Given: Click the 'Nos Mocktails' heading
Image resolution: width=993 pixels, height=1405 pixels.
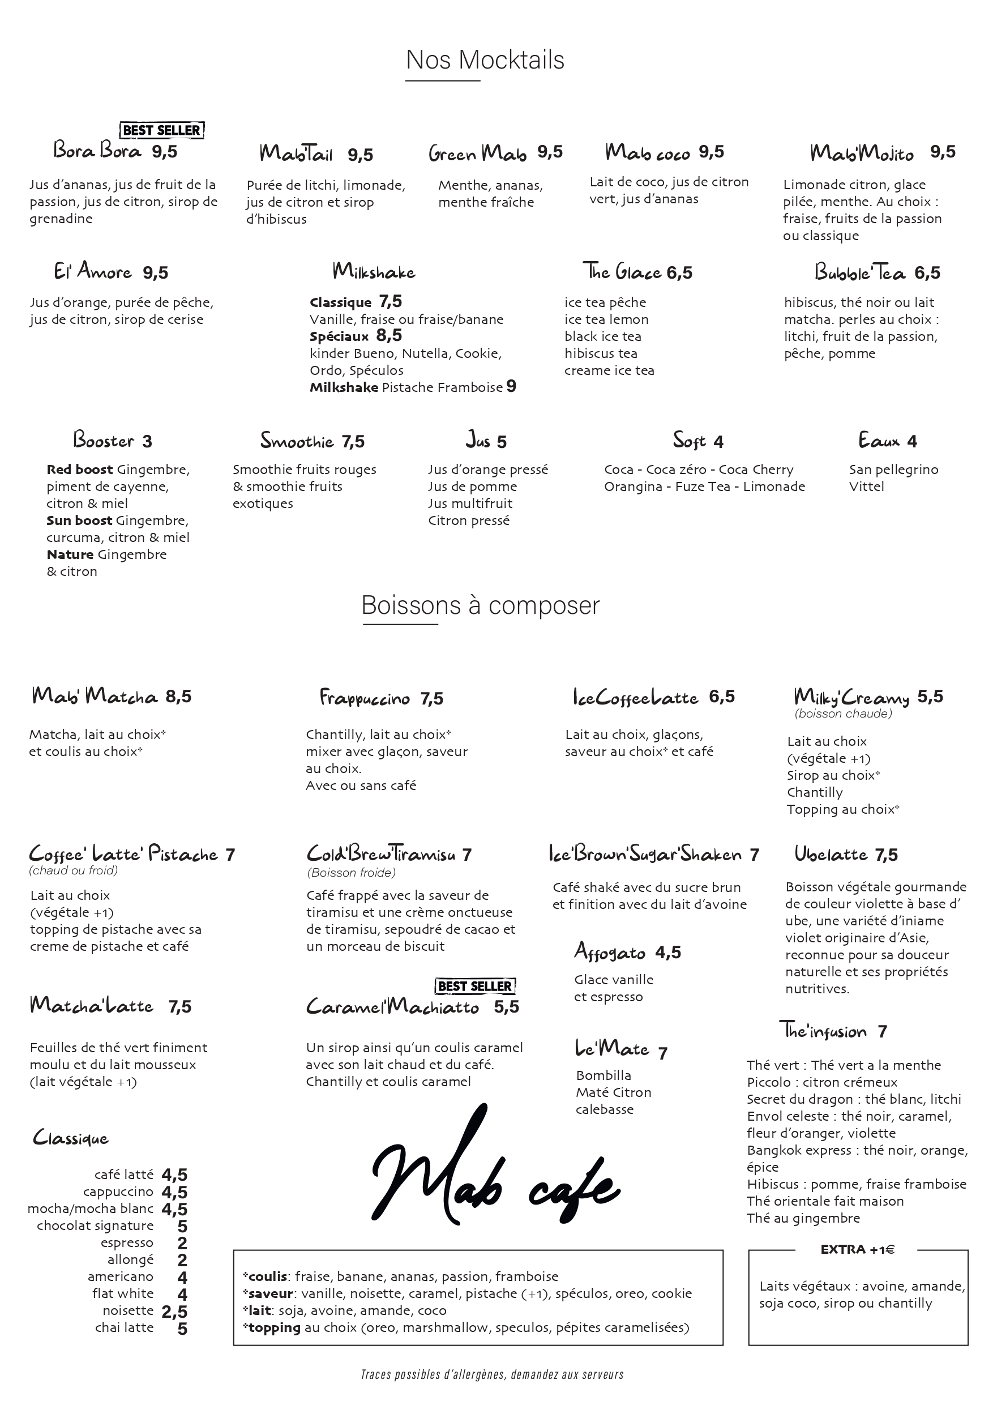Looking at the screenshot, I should (x=485, y=60).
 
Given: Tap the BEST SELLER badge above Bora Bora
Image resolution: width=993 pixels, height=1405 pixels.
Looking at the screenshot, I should (x=161, y=130).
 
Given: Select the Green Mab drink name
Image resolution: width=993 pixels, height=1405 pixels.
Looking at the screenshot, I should (x=477, y=152).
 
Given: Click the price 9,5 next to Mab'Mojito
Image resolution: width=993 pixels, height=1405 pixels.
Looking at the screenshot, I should (x=942, y=152).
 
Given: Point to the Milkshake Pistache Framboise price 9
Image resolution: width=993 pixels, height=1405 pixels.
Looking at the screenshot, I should (x=511, y=387).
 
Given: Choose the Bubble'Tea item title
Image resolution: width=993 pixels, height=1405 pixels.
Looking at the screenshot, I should (x=859, y=272).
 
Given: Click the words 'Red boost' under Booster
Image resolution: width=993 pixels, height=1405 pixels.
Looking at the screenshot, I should (x=79, y=469).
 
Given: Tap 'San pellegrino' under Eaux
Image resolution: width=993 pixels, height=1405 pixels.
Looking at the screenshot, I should (x=893, y=469).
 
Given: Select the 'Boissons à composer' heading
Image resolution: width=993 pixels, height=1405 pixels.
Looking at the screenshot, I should (x=480, y=605).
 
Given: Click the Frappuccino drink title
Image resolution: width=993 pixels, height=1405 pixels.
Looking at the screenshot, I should (x=365, y=698).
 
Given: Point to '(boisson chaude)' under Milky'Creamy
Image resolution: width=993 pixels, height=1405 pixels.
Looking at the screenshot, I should (x=843, y=714).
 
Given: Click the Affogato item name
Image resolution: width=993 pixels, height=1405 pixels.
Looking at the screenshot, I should (x=610, y=951).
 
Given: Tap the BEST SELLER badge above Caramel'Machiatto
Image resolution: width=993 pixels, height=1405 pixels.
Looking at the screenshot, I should (x=476, y=986).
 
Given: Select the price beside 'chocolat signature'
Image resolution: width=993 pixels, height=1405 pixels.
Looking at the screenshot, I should (x=182, y=1226).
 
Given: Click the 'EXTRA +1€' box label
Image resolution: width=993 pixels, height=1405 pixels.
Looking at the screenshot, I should (x=857, y=1250).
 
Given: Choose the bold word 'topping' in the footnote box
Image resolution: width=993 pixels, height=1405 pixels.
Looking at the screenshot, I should (x=275, y=1327).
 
